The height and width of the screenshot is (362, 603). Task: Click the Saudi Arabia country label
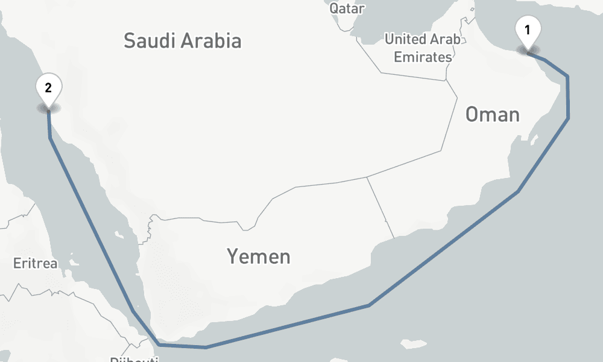click(x=182, y=41)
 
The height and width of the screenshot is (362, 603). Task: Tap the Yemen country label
click(x=258, y=256)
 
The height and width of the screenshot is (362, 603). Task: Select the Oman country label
click(x=492, y=114)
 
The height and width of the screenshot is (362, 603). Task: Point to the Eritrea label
click(x=36, y=264)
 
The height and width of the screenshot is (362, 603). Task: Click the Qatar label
click(x=347, y=8)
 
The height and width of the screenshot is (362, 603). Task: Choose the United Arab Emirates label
click(x=423, y=48)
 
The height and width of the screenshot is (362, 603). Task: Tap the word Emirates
click(x=423, y=57)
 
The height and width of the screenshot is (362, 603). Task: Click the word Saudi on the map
click(x=145, y=41)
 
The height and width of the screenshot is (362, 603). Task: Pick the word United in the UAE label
click(x=405, y=40)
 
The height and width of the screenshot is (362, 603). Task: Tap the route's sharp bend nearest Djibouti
click(x=158, y=345)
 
